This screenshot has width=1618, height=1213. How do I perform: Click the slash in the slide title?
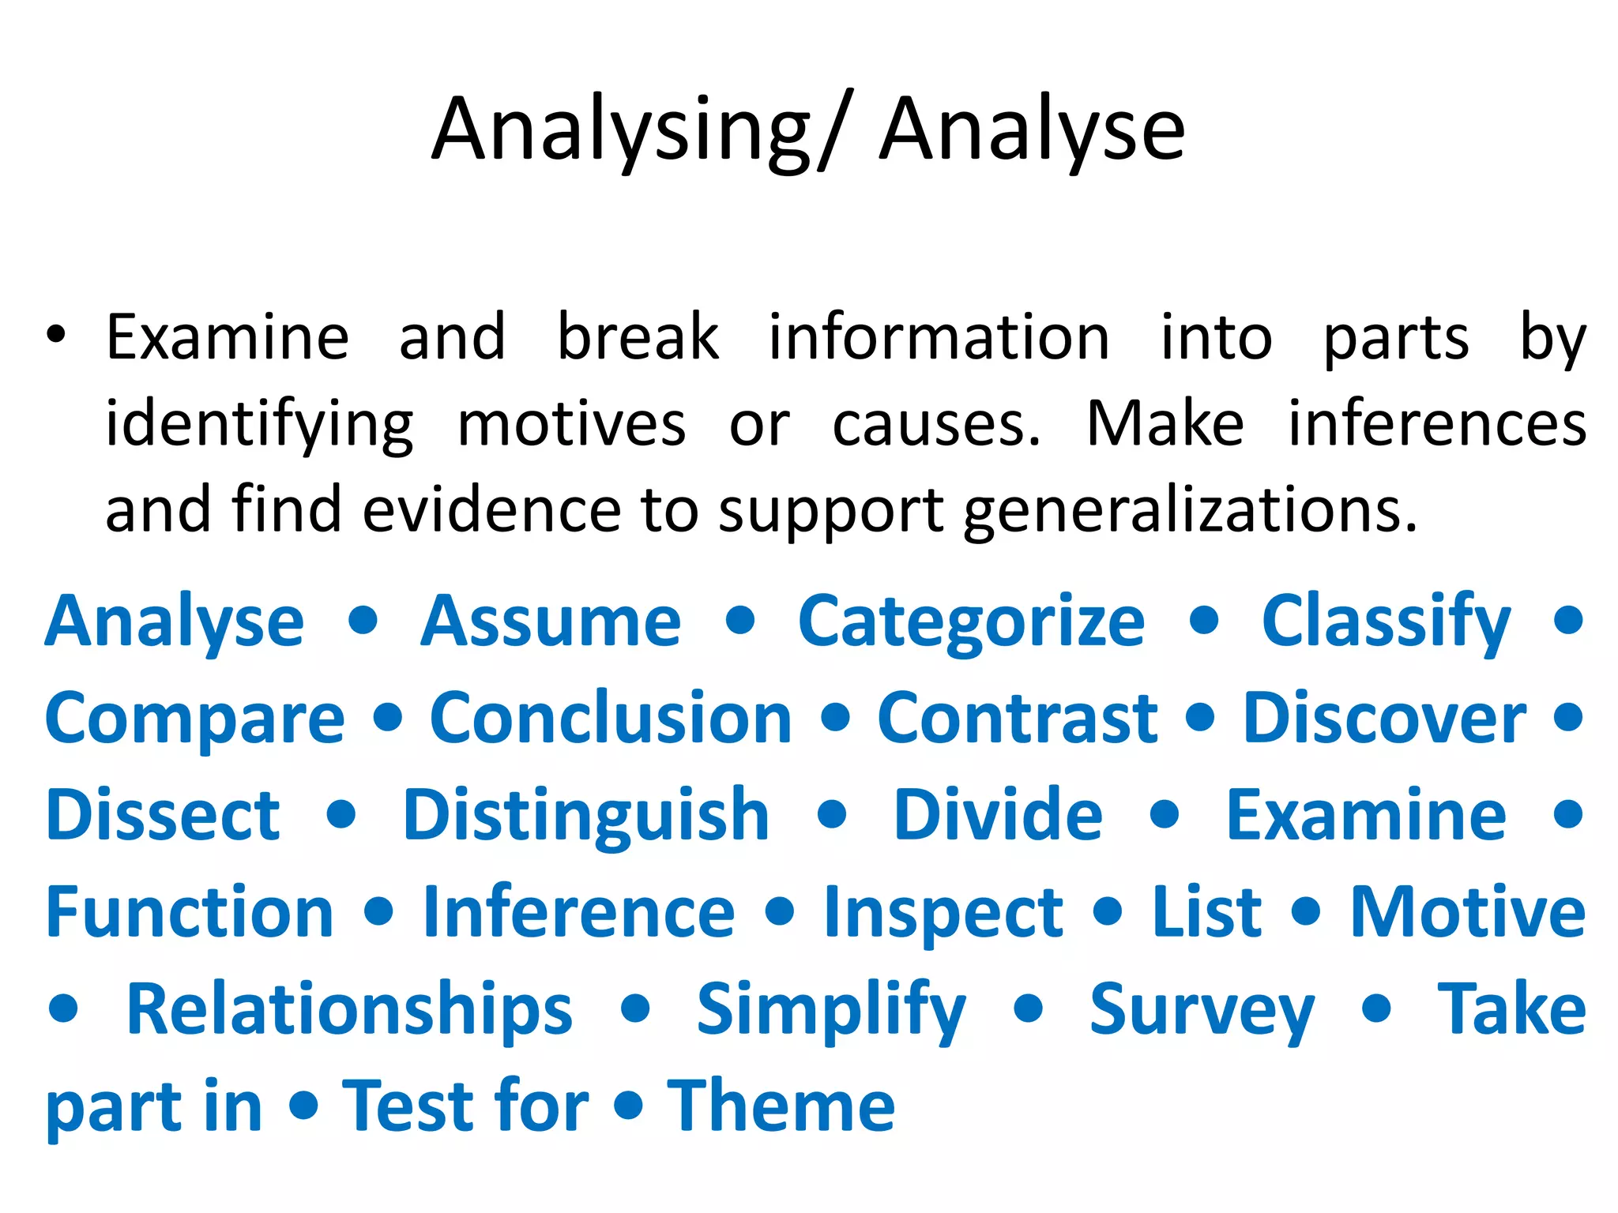[835, 130]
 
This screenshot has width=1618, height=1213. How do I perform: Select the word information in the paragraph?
[939, 338]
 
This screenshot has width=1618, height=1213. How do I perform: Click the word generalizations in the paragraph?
[1191, 511]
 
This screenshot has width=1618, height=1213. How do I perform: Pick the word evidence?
[491, 509]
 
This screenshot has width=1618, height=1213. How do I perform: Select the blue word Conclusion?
[611, 719]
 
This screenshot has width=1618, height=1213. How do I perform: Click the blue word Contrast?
[1018, 719]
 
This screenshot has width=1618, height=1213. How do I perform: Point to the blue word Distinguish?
[585, 816]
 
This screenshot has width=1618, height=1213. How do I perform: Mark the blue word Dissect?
[163, 816]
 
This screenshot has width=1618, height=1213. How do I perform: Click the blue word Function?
[190, 912]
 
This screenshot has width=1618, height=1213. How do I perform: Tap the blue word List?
[1206, 912]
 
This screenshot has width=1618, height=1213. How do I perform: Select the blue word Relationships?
[349, 1010]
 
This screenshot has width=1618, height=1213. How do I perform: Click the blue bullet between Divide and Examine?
[1165, 814]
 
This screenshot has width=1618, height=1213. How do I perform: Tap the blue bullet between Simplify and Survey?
[1029, 1008]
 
